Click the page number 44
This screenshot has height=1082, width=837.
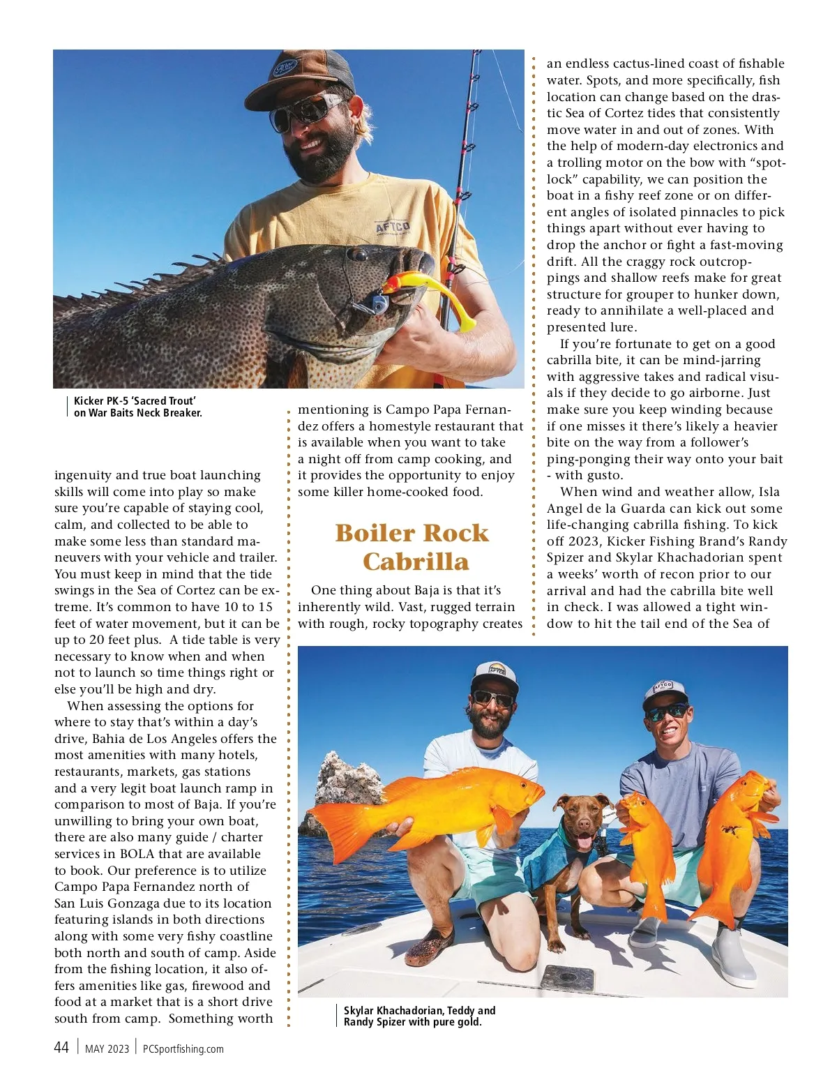61,1047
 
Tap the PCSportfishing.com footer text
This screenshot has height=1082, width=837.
183,1049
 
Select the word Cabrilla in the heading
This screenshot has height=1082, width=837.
415,562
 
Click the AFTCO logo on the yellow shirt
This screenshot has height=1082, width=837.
393,227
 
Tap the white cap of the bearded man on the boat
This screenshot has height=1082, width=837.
494,675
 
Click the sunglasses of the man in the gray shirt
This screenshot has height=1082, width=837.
666,712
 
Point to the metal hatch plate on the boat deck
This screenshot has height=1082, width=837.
566,976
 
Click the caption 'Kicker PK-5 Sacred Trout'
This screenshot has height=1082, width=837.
135,400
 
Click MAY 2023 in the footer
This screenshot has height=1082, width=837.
107,1049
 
